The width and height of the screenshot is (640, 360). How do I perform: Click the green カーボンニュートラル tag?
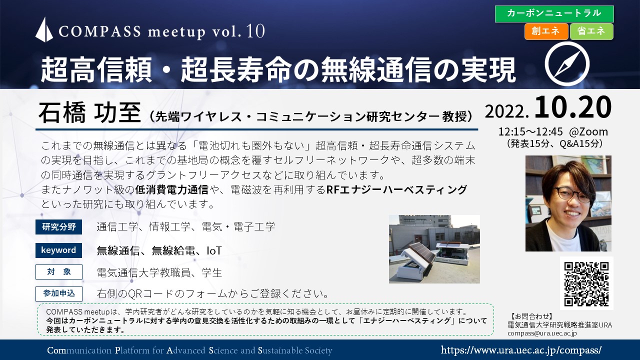click(554, 13)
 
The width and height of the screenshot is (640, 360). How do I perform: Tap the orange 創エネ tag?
click(546, 31)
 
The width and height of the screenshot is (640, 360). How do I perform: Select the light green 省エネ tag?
click(591, 31)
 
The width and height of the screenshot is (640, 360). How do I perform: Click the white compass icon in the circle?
click(567, 64)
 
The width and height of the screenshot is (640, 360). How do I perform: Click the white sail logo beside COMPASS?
click(44, 29)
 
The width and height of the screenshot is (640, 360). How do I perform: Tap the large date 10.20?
click(572, 107)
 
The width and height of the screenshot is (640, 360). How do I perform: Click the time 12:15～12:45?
click(530, 131)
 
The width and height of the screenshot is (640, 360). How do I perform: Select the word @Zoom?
click(588, 131)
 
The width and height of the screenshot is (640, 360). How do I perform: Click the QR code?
click(586, 283)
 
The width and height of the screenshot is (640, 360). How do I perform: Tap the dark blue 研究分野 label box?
click(58, 227)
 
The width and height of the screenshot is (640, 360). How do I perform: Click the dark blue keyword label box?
click(58, 250)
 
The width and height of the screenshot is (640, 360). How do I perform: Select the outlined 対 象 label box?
click(59, 271)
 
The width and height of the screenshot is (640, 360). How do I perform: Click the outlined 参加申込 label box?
click(59, 293)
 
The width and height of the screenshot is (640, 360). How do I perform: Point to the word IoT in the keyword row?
click(214, 251)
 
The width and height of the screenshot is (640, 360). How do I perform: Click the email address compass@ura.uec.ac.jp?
click(542, 333)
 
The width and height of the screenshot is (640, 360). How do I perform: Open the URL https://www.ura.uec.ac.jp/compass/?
click(521, 350)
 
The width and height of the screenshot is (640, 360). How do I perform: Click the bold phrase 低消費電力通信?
click(171, 189)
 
